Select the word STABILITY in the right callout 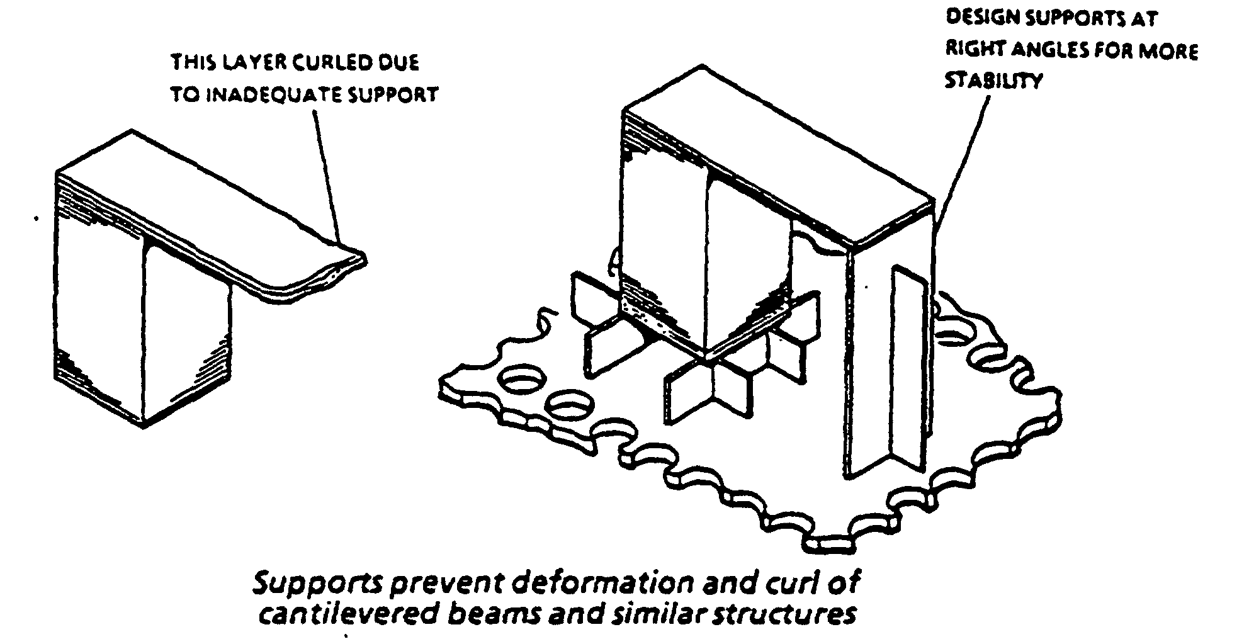(x=994, y=81)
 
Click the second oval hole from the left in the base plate (x=570, y=406)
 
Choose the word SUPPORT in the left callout (x=399, y=95)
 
